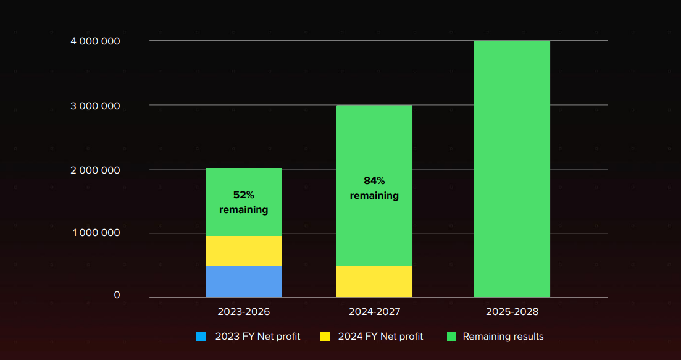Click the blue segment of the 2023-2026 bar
[x=244, y=282]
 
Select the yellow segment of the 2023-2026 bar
[x=244, y=251]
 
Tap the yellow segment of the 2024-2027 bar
[x=374, y=282]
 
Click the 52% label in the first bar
[x=243, y=195]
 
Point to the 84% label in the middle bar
[x=374, y=180]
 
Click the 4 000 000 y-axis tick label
[x=95, y=41]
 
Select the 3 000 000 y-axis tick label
[x=95, y=106]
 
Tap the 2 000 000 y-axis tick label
[x=95, y=170]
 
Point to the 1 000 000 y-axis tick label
[x=95, y=233]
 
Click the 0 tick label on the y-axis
[x=117, y=295]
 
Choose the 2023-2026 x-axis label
[x=244, y=312]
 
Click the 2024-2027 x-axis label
[x=374, y=312]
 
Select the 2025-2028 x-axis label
[x=512, y=312]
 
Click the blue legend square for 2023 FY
[x=201, y=337]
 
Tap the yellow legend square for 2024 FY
[x=325, y=337]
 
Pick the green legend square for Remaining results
[x=451, y=337]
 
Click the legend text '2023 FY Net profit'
[x=257, y=337]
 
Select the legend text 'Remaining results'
[x=503, y=337]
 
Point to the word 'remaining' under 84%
[x=374, y=196]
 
